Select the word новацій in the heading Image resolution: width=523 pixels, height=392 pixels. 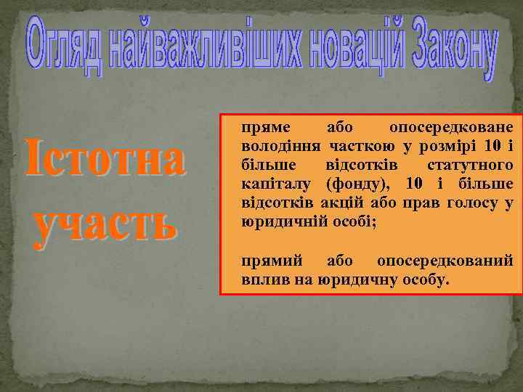pyautogui.click(x=342, y=49)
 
